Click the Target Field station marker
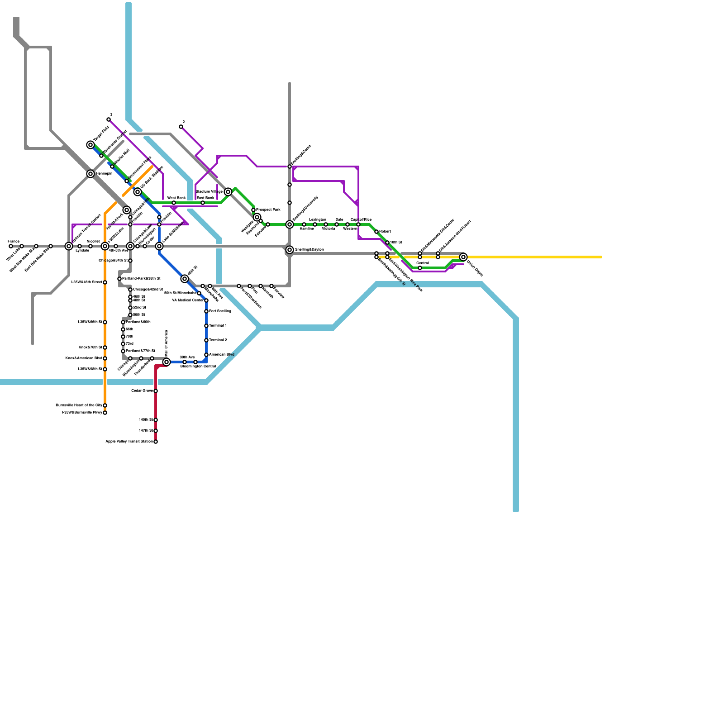(x=90, y=145)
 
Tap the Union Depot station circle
(x=463, y=257)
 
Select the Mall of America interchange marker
(x=167, y=362)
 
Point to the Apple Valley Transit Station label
(x=129, y=442)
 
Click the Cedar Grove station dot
(x=156, y=391)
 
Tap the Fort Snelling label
(x=220, y=311)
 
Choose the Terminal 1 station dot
(x=206, y=326)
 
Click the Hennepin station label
(x=104, y=174)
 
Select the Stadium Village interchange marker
(x=228, y=192)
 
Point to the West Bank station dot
(x=174, y=203)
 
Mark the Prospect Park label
(x=268, y=210)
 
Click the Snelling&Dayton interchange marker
(x=290, y=250)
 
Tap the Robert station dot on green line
(x=376, y=232)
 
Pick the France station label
(x=14, y=242)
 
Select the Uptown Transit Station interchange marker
(x=69, y=246)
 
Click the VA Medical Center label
(x=188, y=300)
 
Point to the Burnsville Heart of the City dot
(x=105, y=405)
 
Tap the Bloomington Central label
(x=198, y=367)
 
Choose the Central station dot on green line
(x=420, y=268)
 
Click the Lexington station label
(x=318, y=220)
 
